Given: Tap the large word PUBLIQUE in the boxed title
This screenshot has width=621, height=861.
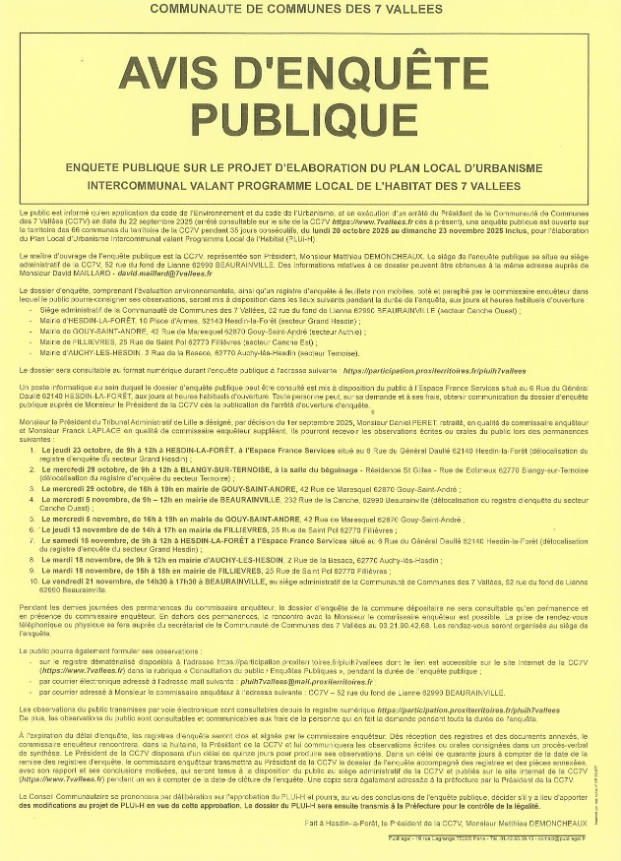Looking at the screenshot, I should (x=310, y=119).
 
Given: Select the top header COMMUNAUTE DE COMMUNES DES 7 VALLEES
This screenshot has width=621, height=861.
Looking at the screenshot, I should (x=310, y=9).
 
